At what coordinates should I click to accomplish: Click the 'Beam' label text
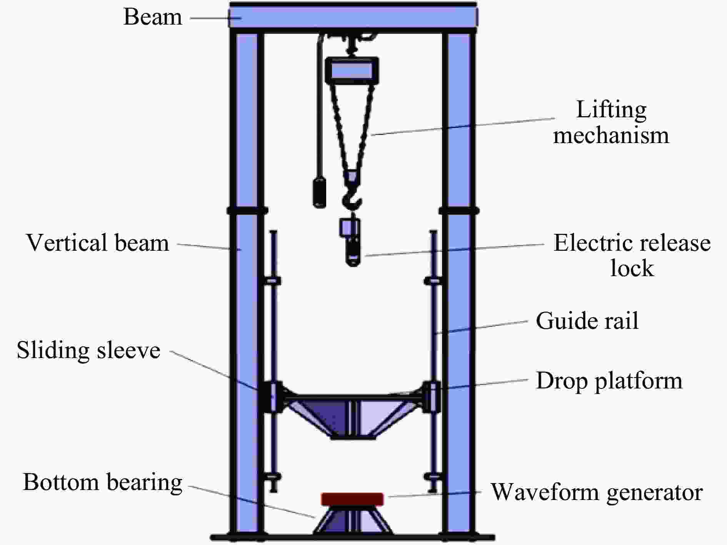pos(153,17)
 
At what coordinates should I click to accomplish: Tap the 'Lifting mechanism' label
pos(611,122)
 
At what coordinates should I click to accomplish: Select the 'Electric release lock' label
pos(632,255)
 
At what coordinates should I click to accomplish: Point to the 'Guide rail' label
pos(587,321)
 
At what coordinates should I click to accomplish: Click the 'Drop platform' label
pos(609,381)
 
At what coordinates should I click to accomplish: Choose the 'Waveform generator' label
pos(597,492)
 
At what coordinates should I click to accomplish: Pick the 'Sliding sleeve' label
pos(88,350)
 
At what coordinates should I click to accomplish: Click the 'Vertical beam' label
pos(98,243)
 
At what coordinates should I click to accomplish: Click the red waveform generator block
pos(352,499)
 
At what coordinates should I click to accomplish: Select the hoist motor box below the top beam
pos(352,71)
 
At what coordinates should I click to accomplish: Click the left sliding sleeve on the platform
pos(273,397)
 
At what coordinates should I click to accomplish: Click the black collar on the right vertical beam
pos(459,210)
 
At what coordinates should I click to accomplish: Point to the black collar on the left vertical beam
pos(247,210)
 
